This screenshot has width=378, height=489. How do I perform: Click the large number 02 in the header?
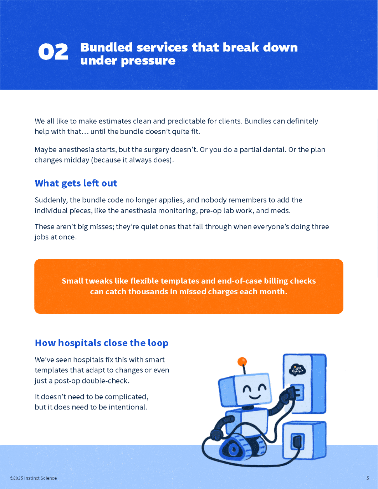[x=53, y=52]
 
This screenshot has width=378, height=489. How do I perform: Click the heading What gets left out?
[x=76, y=183]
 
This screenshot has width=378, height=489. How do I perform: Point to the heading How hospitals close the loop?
[x=102, y=343]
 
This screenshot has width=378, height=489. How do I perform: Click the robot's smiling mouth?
[x=254, y=396]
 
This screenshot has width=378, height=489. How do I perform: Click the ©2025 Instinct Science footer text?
[x=33, y=478]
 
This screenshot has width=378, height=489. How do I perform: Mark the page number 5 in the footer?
[x=368, y=478]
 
